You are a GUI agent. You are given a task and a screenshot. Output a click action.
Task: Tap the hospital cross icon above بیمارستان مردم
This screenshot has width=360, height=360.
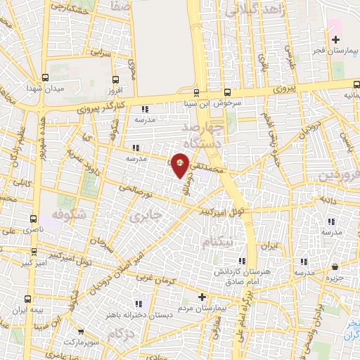(x=202, y=297)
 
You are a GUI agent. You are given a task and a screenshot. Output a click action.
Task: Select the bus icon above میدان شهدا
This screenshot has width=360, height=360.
(x=45, y=79)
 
